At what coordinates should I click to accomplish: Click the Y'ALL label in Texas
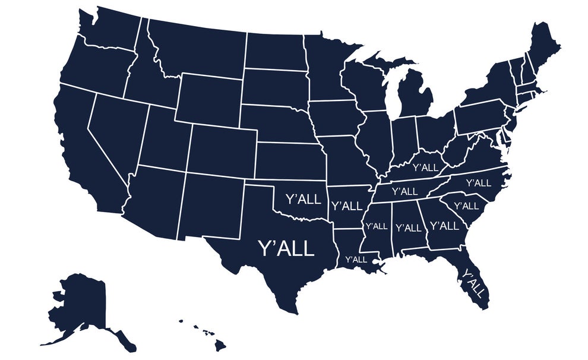[285, 248]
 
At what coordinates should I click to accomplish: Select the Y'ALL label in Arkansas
[346, 206]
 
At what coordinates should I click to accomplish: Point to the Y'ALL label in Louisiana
[356, 259]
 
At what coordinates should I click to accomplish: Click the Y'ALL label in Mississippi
[376, 226]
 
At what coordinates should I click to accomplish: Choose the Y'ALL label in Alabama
[408, 228]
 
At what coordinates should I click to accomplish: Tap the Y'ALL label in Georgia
[444, 226]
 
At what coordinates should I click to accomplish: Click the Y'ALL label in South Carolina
[466, 206]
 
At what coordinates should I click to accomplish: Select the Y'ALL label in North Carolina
[478, 182]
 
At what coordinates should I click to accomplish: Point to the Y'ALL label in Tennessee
[405, 191]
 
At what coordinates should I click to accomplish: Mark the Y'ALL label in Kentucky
[425, 168]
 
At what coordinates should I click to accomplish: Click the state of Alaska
[83, 306]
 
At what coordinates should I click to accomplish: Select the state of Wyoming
[210, 99]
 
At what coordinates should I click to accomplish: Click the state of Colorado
[223, 149]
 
